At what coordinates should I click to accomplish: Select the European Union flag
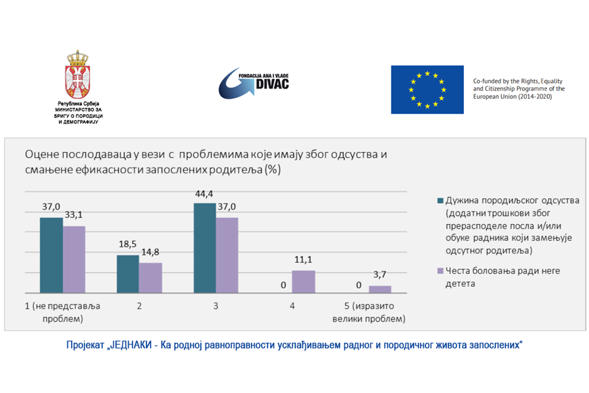[x=427, y=89]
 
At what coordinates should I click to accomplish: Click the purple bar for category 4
[x=303, y=282]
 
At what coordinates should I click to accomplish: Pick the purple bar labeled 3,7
[x=380, y=289]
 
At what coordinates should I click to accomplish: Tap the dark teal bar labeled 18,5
[x=128, y=274]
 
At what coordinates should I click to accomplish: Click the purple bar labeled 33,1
[x=74, y=259]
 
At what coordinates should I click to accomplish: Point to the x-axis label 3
[x=216, y=307]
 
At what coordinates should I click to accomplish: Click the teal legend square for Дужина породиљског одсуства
[x=440, y=200]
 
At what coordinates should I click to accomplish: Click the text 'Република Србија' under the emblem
[x=78, y=104]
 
